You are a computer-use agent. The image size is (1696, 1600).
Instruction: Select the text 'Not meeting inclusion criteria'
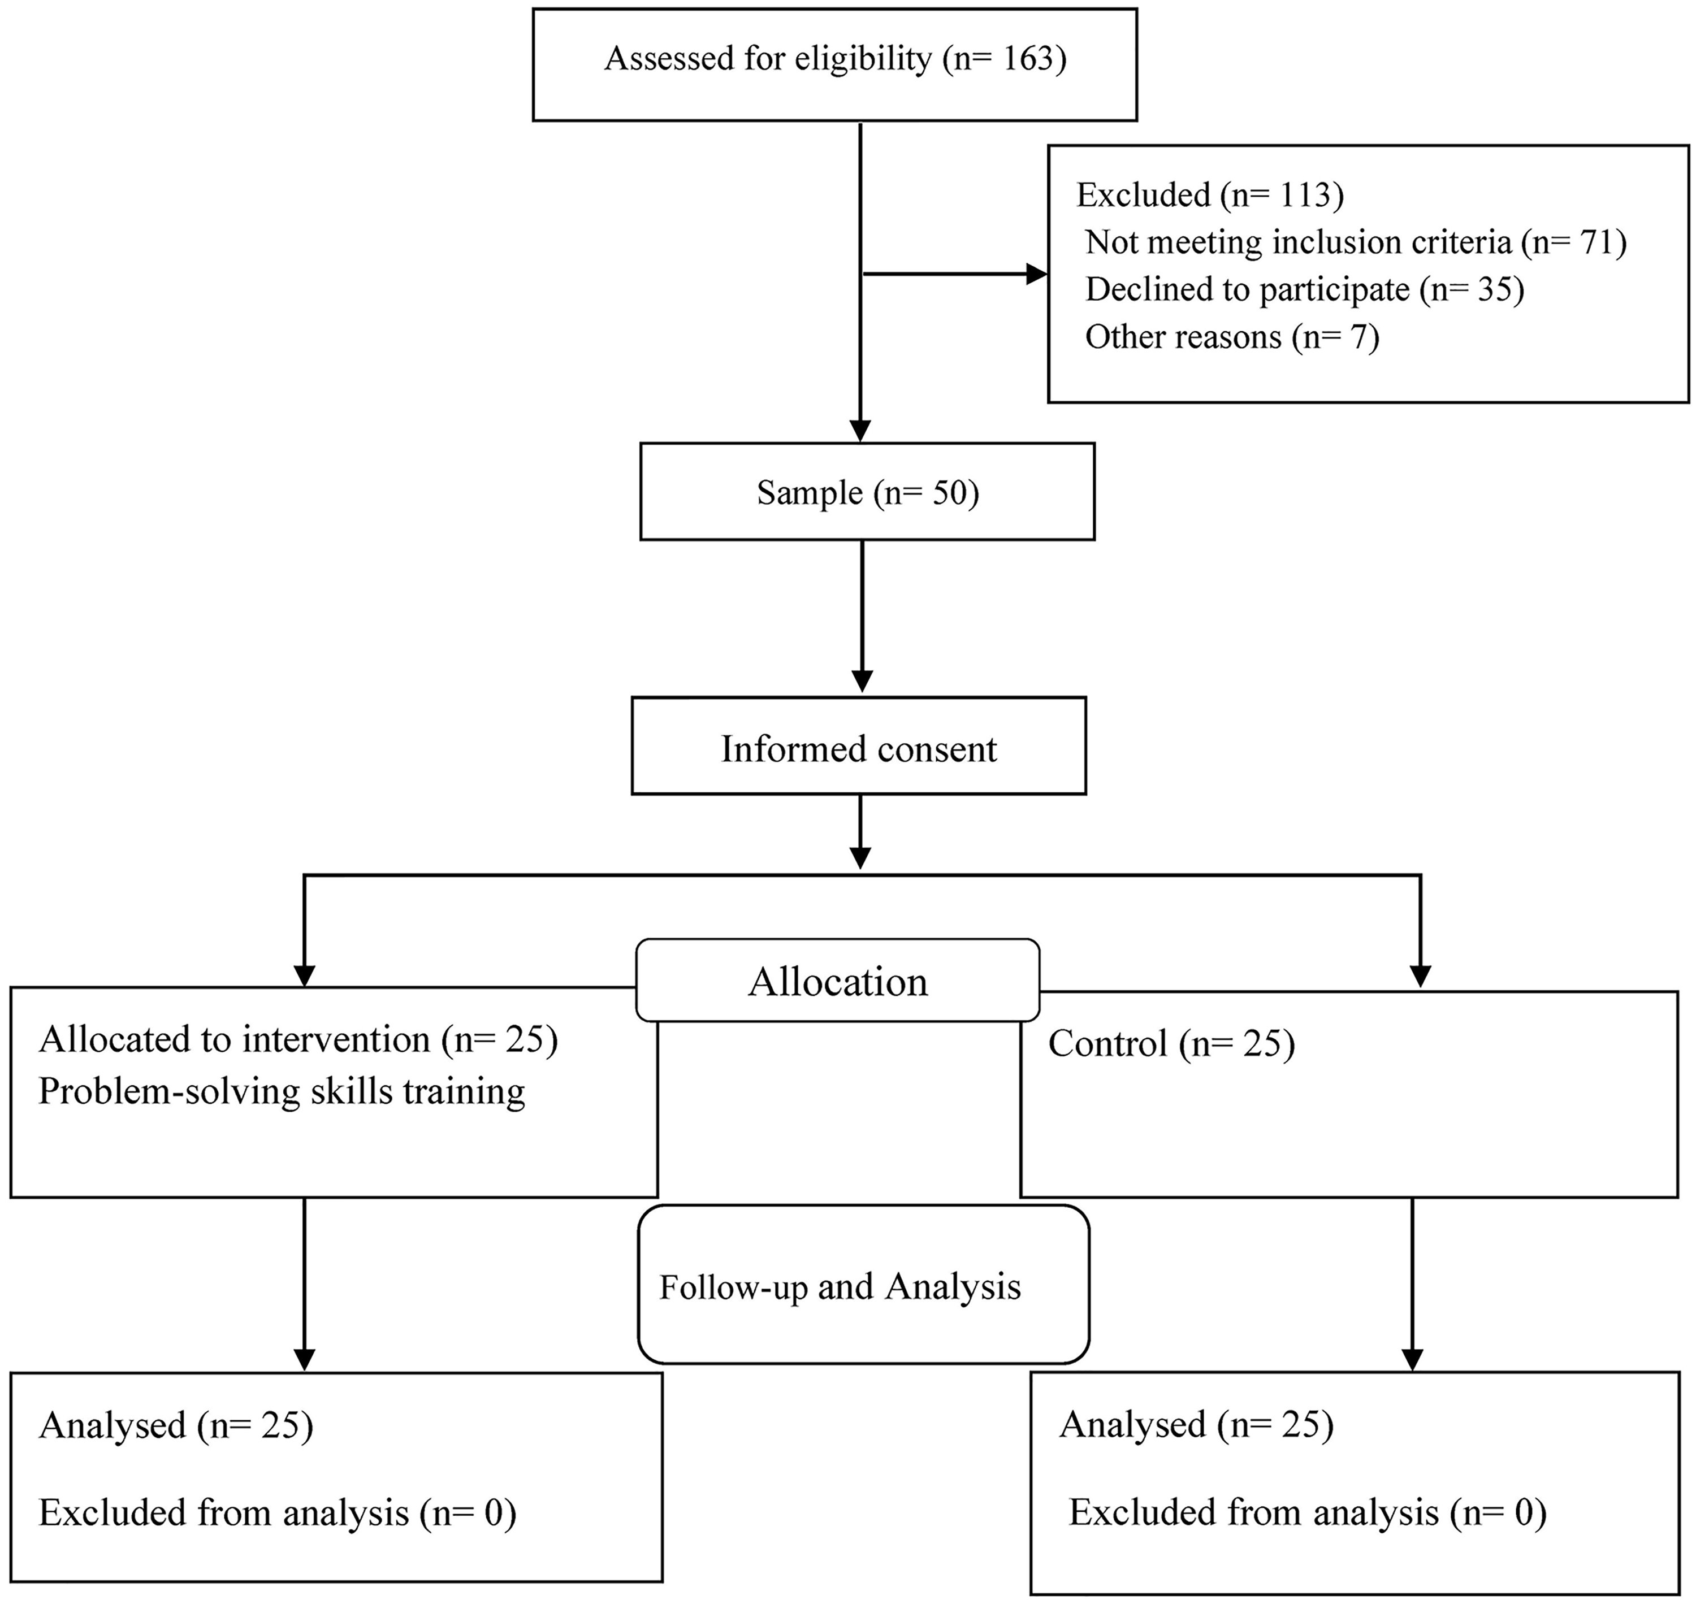coord(1299,243)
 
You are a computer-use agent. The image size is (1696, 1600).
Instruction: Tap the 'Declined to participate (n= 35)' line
coord(1304,290)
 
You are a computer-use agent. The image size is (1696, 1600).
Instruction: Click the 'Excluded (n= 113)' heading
coord(1210,196)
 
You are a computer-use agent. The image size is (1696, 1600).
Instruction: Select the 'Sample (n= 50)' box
coord(867,491)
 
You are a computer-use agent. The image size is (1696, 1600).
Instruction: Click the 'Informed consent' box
coord(858,746)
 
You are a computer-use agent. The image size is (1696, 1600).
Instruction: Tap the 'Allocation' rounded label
coord(838,981)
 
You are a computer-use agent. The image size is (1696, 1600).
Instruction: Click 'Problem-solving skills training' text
coord(282,1092)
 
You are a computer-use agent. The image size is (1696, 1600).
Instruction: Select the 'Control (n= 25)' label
coord(1171,1044)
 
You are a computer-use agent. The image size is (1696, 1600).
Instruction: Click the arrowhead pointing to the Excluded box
coord(1037,274)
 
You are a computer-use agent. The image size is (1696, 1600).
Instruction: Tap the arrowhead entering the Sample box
coord(862,431)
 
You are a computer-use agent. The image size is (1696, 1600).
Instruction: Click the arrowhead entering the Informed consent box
coord(863,680)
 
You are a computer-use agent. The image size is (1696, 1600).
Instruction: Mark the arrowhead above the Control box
coord(1421,975)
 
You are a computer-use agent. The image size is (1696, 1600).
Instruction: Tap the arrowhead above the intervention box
coord(305,975)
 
